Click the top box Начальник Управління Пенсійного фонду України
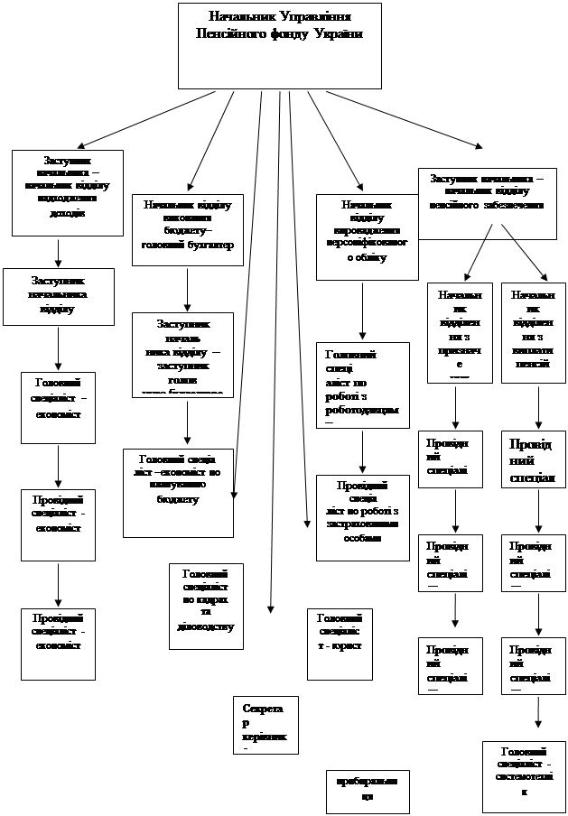pyautogui.click(x=279, y=45)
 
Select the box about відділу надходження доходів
pyautogui.click(x=67, y=191)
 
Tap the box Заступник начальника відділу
pyautogui.click(x=58, y=295)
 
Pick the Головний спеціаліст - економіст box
pyautogui.click(x=58, y=405)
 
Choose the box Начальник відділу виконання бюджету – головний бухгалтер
pyautogui.click(x=187, y=229)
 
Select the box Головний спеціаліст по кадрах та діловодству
pyautogui.click(x=205, y=605)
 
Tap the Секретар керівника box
pyautogui.click(x=261, y=726)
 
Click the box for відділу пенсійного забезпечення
pyautogui.click(x=487, y=192)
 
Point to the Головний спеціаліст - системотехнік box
pyautogui.click(x=526, y=775)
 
